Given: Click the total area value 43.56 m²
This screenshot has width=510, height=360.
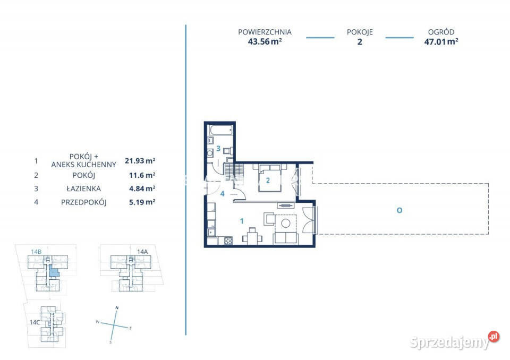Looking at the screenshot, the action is click(265, 41).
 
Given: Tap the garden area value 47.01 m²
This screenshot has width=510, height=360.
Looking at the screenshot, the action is click(441, 41).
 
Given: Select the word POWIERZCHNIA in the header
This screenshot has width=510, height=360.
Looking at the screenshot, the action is click(265, 32).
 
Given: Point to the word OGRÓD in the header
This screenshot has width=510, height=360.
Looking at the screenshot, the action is click(441, 32).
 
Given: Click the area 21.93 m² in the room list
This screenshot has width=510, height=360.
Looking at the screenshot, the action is click(140, 161).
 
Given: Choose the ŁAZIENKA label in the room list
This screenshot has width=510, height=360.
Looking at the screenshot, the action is click(83, 188).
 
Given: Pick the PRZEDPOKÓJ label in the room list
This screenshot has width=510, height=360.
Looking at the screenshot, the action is click(83, 202).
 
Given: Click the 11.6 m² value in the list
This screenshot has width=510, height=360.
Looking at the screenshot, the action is click(142, 175).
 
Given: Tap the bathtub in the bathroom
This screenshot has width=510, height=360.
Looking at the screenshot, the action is click(221, 130).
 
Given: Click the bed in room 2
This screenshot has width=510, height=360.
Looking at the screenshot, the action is click(270, 178).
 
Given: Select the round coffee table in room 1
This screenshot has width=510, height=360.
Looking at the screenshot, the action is click(286, 223).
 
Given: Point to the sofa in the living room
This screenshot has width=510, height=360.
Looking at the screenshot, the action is click(286, 238).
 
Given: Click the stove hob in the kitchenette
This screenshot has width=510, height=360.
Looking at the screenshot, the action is click(228, 241).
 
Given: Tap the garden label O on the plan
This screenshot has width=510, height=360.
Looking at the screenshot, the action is click(399, 210).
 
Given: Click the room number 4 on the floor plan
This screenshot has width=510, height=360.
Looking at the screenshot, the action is click(223, 194).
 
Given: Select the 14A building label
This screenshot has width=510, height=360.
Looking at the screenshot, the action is click(142, 251).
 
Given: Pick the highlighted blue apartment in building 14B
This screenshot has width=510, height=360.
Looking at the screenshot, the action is click(54, 271).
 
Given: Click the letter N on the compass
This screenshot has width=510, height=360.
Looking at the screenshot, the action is click(117, 307).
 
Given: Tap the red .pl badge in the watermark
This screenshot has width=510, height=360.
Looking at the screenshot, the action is click(494, 337).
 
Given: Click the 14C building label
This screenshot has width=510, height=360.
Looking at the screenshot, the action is click(35, 322).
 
